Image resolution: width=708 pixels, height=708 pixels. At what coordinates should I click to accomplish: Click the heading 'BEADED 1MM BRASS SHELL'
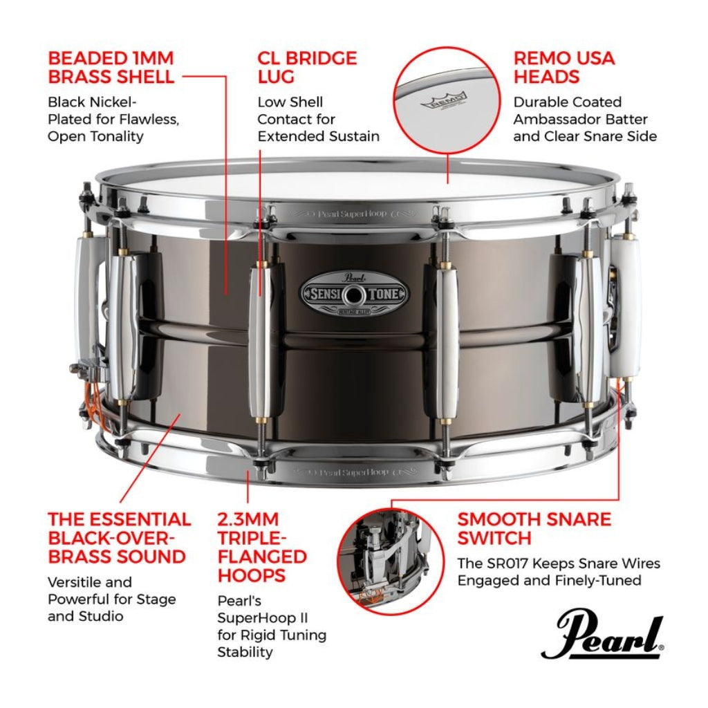coord(111,67)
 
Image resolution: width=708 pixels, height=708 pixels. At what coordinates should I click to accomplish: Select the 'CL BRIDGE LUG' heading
coord(307,67)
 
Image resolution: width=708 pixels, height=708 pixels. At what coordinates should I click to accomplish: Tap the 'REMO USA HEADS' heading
coord(563,67)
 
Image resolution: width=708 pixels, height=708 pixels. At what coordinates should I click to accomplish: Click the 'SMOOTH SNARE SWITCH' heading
coord(534,528)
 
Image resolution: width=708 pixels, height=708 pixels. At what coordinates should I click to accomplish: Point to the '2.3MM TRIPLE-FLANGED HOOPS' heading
coord(262,547)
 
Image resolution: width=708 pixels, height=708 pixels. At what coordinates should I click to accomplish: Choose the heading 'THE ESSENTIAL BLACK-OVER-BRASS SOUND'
coord(119,538)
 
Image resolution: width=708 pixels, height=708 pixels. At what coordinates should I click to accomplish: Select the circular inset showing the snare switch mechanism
coord(391,559)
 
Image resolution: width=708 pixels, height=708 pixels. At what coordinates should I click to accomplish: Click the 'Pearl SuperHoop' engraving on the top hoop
coord(353,214)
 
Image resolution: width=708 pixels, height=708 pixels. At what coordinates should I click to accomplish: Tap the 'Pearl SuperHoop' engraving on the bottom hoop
coord(353,473)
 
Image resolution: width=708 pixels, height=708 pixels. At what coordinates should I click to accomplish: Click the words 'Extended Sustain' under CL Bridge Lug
coord(318,136)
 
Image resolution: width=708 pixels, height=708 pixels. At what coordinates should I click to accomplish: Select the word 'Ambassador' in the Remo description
coord(563,119)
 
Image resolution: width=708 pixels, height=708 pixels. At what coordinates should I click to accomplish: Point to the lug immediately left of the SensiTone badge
coord(262,339)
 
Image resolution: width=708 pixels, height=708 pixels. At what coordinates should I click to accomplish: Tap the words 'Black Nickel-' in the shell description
coord(92,102)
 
